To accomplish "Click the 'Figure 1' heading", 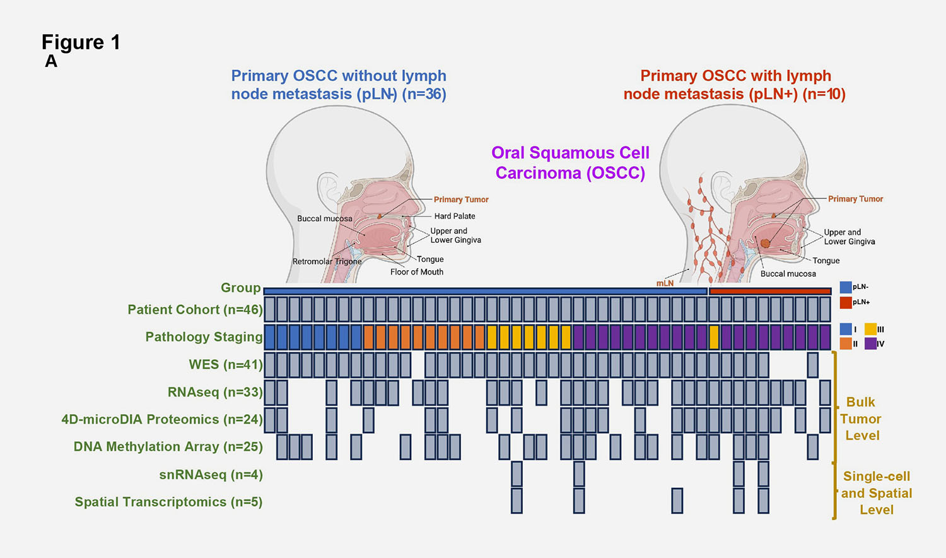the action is (81, 42).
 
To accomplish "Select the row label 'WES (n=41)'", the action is (226, 364).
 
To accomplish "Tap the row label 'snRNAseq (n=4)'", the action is (211, 475).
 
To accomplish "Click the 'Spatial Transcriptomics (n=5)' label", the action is (168, 502).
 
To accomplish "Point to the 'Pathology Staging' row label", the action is (204, 337).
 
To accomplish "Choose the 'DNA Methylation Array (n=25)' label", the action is (168, 446).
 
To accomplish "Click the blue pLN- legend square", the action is (845, 287).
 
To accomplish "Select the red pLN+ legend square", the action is (845, 302).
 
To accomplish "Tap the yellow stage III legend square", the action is (870, 329).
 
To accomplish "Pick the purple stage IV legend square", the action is (870, 343).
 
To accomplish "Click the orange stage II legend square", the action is (846, 343).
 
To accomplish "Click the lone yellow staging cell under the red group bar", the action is (714, 337).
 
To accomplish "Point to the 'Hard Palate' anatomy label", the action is (455, 216).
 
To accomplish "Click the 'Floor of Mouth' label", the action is (416, 272).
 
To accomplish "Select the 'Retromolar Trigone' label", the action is (327, 261).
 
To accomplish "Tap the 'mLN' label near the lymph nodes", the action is (665, 283).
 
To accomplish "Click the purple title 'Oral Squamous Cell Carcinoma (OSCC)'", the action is (570, 163).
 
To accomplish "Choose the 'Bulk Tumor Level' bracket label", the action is (861, 418).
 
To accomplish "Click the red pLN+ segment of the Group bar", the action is (770, 291).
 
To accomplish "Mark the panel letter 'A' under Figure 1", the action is (51, 62).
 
